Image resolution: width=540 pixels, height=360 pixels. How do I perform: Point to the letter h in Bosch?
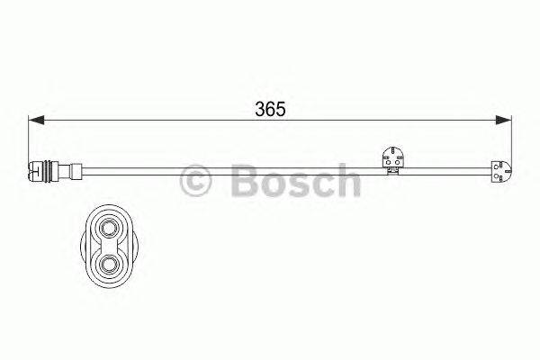pos(346,180)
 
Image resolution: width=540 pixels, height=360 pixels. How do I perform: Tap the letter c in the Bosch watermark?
pos(321,183)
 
